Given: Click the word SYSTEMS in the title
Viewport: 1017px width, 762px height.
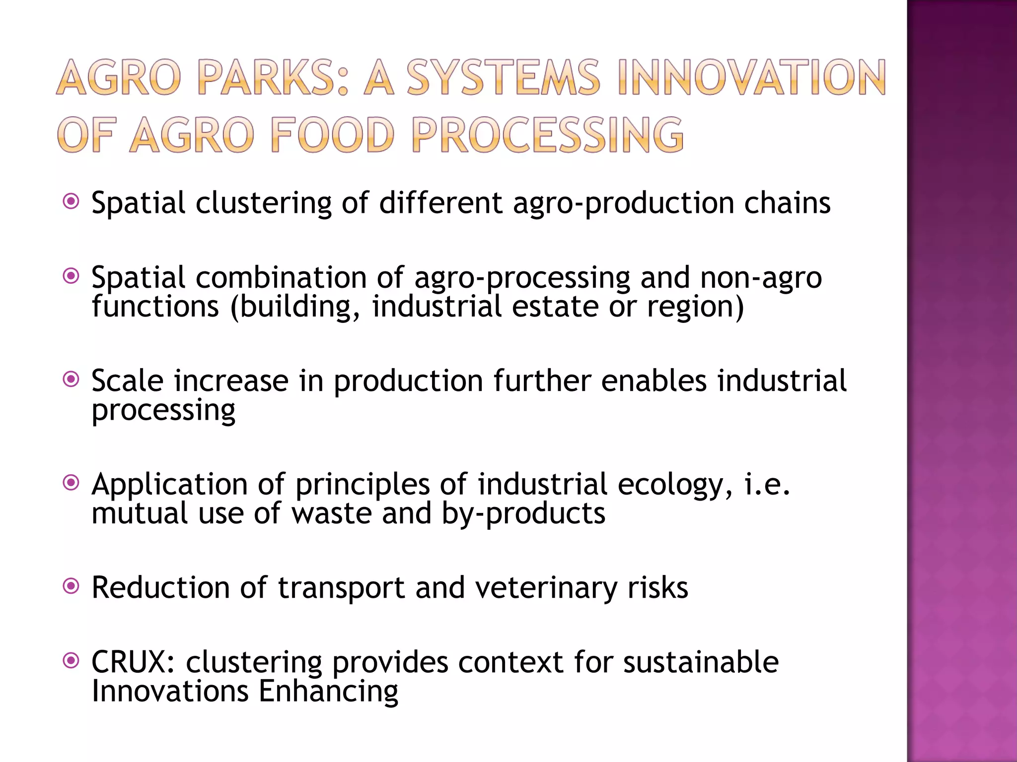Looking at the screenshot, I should [x=503, y=78].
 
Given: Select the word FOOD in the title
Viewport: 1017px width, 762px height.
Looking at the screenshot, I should [x=333, y=135].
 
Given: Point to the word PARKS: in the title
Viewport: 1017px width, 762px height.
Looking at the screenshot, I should [x=272, y=78].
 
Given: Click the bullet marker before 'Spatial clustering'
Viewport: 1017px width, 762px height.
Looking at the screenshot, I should [x=72, y=201].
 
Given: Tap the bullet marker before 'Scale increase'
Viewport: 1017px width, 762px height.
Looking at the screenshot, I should [x=72, y=380].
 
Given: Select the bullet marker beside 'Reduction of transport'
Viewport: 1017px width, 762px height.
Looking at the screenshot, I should [x=72, y=586].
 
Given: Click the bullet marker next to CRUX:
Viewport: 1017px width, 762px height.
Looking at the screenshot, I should [x=72, y=661].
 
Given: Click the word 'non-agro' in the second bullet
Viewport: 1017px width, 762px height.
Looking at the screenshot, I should [x=761, y=278].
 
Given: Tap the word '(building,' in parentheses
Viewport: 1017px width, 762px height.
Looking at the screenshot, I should [x=295, y=307].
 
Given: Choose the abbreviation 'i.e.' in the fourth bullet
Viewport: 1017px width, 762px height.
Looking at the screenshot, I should [x=767, y=485].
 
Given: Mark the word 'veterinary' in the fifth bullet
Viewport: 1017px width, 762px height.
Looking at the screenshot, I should [x=546, y=588].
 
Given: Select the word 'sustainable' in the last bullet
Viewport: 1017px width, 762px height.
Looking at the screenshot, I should [x=701, y=662].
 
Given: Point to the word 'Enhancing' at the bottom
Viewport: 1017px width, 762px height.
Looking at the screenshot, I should [x=328, y=692].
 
